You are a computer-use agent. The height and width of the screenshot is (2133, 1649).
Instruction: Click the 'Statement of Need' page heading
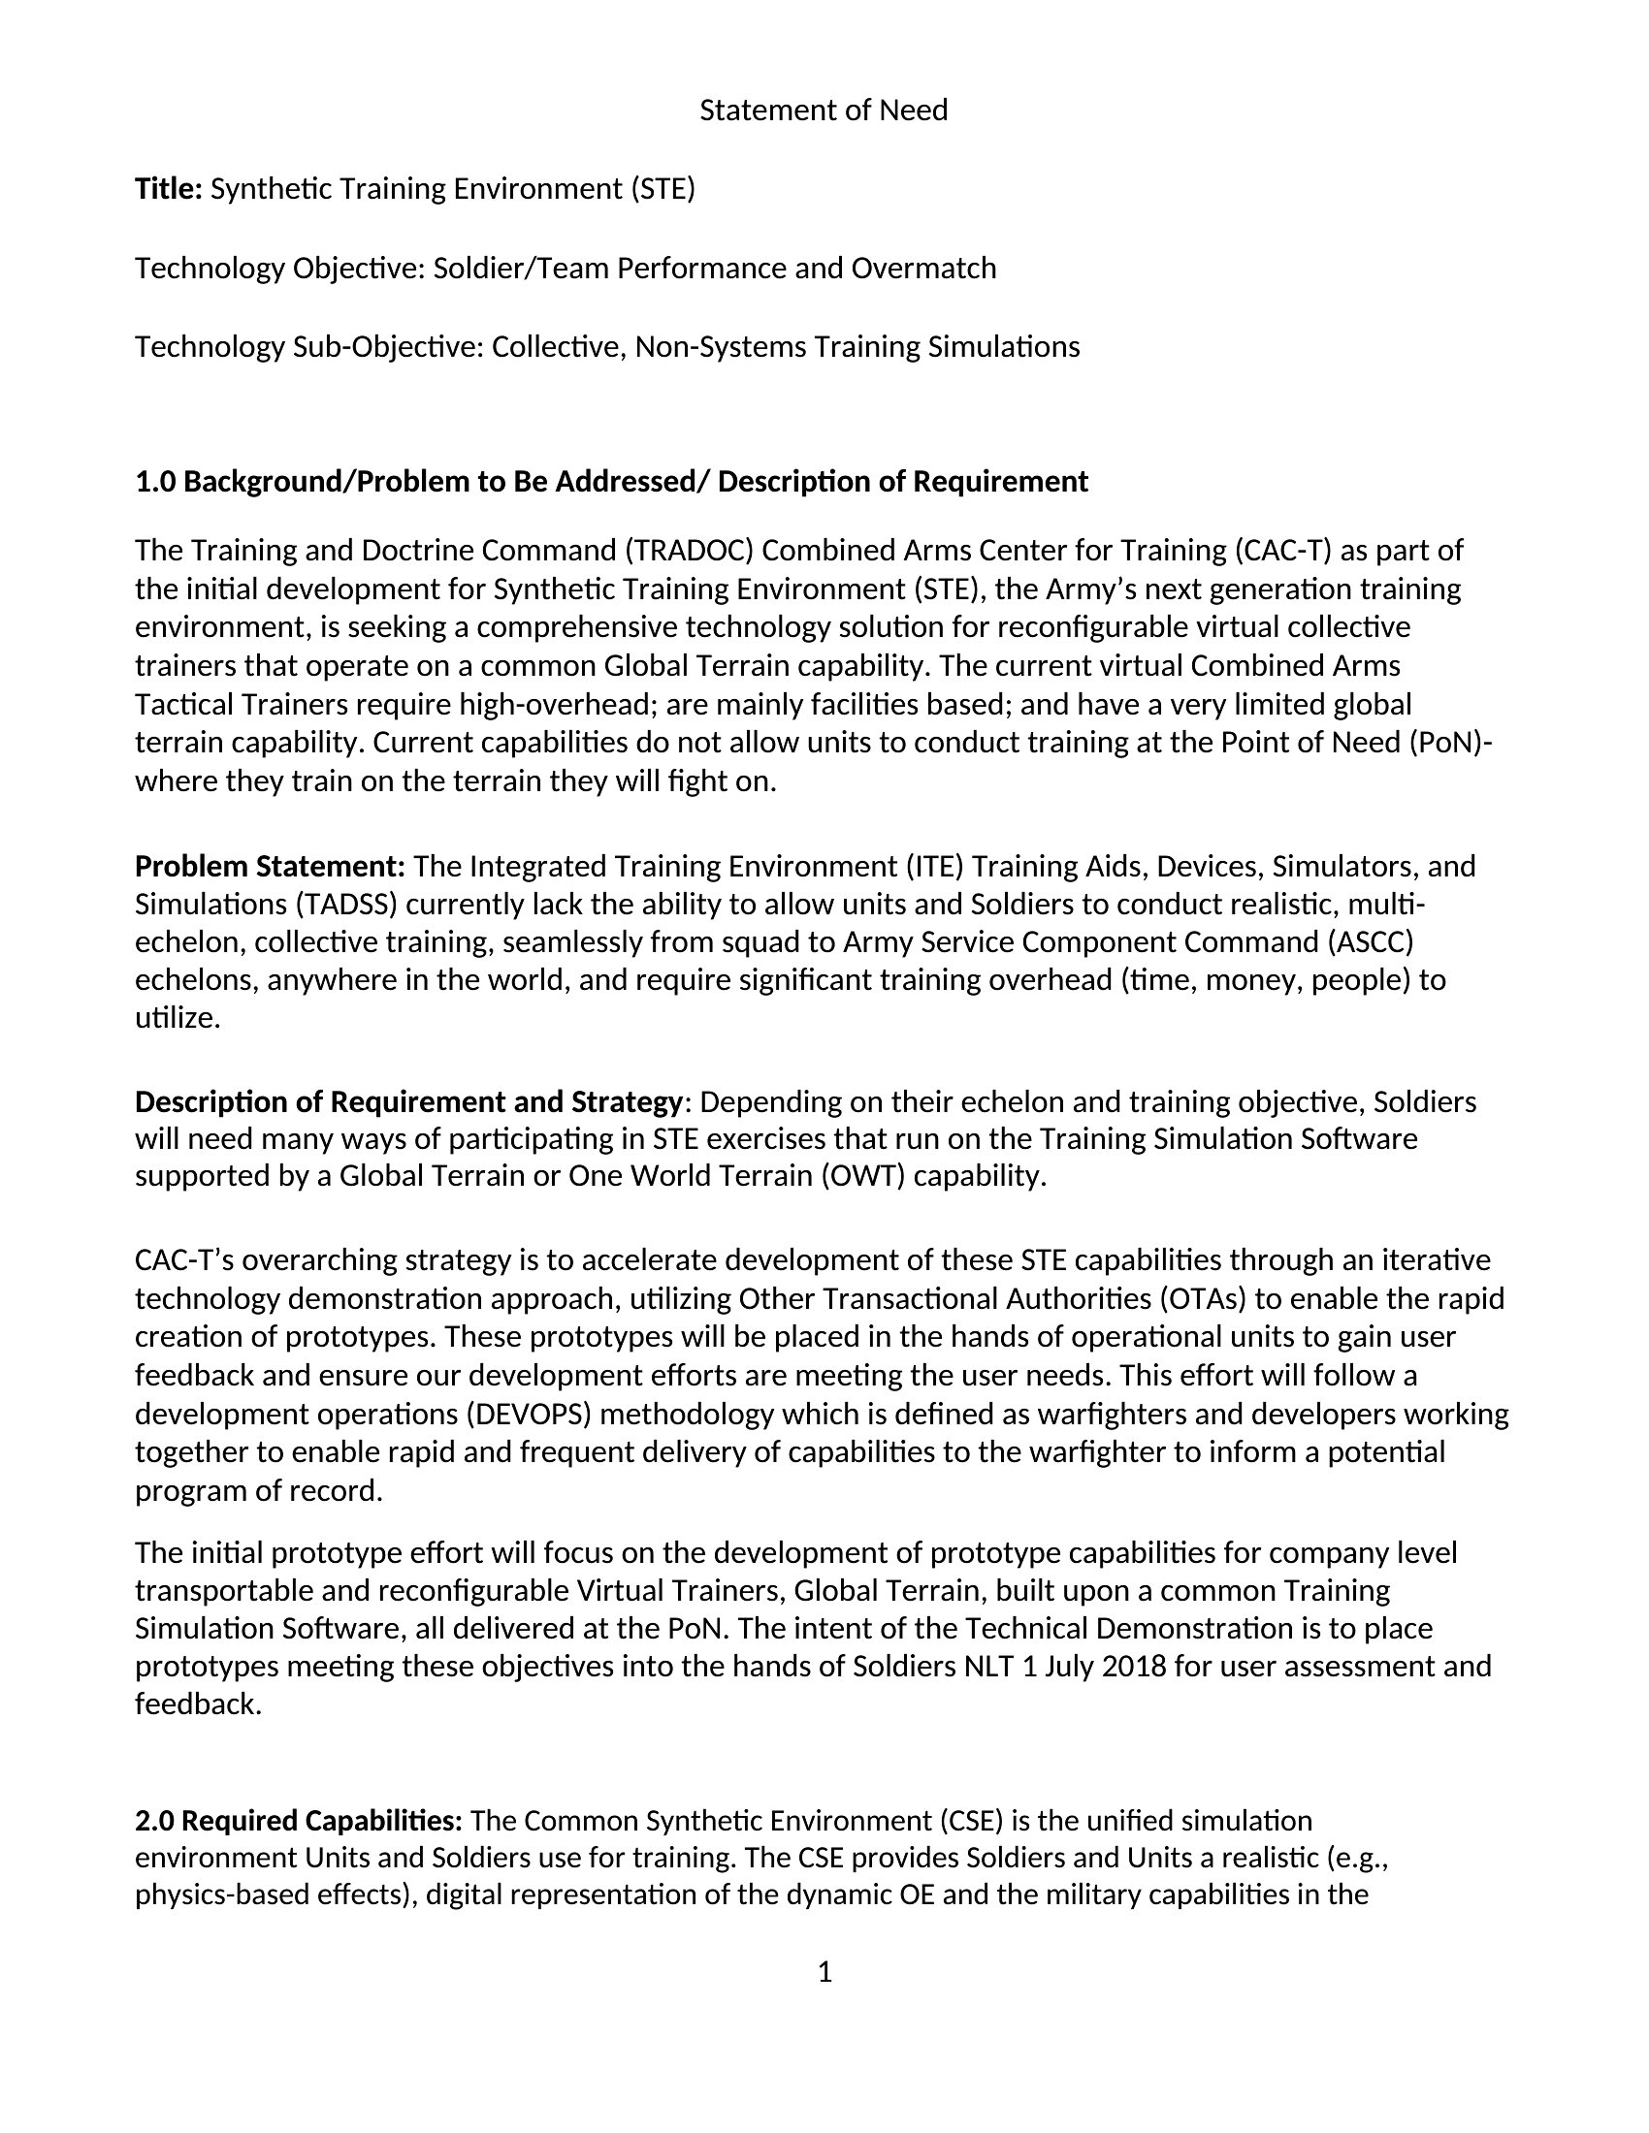[824, 111]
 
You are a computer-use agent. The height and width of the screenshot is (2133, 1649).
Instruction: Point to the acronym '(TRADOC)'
[689, 551]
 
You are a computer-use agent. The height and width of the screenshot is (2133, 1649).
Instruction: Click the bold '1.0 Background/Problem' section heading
[610, 482]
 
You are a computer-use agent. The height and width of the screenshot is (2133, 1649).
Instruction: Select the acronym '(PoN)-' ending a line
[1451, 744]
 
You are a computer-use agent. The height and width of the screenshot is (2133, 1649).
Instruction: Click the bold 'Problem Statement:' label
[270, 866]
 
